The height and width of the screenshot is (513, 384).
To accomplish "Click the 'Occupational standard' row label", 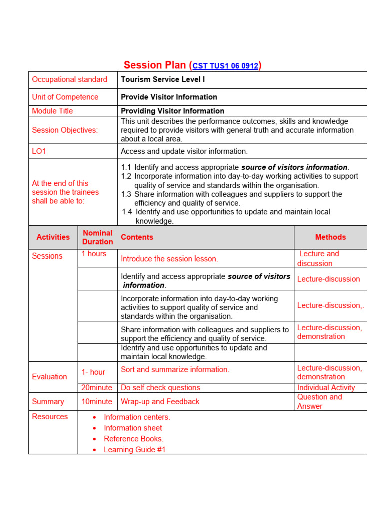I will [x=69, y=79].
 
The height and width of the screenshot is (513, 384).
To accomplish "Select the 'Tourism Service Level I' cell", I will [x=163, y=79].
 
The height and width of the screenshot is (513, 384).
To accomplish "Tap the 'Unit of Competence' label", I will [x=65, y=97].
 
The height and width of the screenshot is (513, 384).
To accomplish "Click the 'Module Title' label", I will [x=52, y=111].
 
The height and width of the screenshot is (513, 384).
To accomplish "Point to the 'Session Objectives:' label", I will [x=65, y=130].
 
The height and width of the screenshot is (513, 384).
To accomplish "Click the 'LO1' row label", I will [x=39, y=151].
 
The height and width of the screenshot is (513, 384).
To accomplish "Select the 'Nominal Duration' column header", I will [x=97, y=237].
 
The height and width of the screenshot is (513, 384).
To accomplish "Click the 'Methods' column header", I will [x=330, y=237].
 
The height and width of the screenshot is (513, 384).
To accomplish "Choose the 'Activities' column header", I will [x=53, y=237].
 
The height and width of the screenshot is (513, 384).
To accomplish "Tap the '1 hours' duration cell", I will [x=94, y=254].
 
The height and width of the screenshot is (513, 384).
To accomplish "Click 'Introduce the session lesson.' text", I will [x=169, y=259].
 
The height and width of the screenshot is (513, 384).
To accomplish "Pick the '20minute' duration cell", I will [x=97, y=388].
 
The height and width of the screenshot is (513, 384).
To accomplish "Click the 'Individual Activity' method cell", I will [x=326, y=388].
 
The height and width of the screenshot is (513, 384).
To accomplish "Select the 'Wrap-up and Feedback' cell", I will [x=160, y=402].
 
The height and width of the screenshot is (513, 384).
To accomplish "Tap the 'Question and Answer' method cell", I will [x=320, y=402].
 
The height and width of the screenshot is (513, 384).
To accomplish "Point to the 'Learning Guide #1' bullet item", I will [x=134, y=450].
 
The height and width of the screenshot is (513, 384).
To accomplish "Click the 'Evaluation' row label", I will [x=49, y=377].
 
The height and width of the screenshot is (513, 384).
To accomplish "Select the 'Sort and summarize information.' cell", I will [x=175, y=370].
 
